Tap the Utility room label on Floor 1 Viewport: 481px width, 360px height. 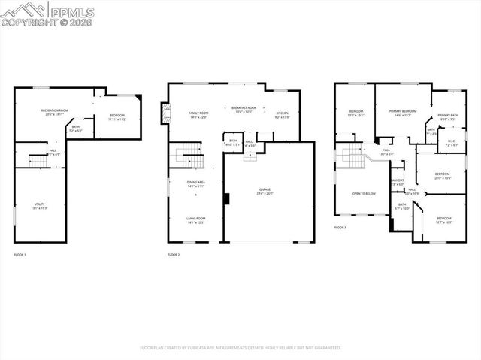(38, 205)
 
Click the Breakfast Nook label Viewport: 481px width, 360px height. (244, 110)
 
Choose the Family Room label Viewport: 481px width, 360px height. (198, 114)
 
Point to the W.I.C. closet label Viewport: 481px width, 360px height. (451, 141)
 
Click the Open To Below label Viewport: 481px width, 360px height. (364, 193)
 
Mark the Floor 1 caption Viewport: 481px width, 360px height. (20, 255)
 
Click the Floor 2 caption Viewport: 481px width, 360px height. (173, 255)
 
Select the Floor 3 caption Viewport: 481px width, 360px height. (340, 227)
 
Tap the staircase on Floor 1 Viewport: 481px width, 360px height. (38, 160)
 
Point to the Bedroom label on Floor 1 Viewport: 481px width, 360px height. (116, 117)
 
